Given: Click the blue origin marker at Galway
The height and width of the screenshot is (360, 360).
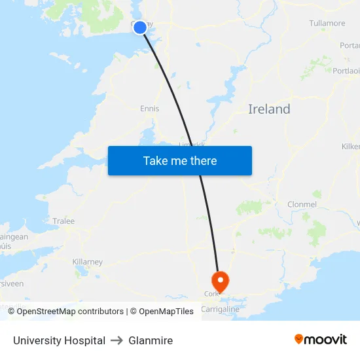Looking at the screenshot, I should tap(140, 27).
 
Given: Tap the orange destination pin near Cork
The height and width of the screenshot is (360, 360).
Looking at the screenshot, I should tap(221, 281).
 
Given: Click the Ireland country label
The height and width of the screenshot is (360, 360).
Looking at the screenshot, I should tap(269, 109).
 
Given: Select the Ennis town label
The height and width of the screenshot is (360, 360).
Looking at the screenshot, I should tap(149, 109).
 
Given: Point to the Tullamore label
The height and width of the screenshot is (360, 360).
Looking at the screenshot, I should tap(327, 24).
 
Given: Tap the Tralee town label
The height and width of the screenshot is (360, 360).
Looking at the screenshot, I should tap(63, 221).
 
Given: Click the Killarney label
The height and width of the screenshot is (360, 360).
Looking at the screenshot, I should tap(88, 262).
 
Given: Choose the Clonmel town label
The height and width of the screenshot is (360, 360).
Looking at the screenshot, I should tap(302, 205).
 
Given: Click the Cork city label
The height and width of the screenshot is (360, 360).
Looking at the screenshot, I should tap(211, 295).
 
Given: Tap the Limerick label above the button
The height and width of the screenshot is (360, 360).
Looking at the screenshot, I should tap(192, 144).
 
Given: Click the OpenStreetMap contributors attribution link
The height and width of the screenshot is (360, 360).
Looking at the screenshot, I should tap(70, 312).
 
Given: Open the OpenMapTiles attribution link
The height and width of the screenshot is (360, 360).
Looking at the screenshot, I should tap(162, 312).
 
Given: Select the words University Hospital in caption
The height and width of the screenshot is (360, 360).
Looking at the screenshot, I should tap(59, 340).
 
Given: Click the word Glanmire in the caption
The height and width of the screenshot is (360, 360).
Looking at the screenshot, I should tap(151, 340).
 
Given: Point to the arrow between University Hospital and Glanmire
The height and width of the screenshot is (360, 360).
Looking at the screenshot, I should tap(117, 340).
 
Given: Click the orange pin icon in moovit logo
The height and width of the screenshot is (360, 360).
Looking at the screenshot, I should tap(299, 339).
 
